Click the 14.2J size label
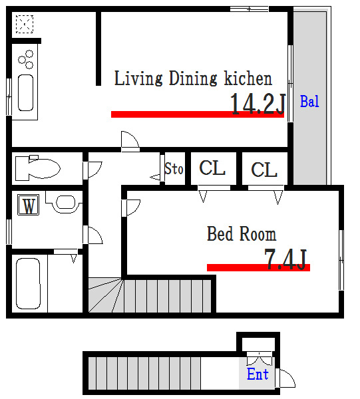[258, 104]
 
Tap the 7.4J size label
[285, 259]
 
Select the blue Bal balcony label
[309, 101]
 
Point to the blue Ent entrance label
[258, 374]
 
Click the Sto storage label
[174, 168]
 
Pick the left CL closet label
[212, 168]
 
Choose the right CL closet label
[264, 170]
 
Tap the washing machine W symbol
[28, 205]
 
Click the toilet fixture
[38, 168]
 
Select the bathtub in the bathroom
[28, 283]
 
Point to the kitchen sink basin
[26, 92]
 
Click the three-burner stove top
[26, 60]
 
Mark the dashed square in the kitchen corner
[25, 24]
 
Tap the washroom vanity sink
[65, 202]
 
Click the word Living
[138, 78]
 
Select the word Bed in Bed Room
[220, 233]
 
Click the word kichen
[248, 78]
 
